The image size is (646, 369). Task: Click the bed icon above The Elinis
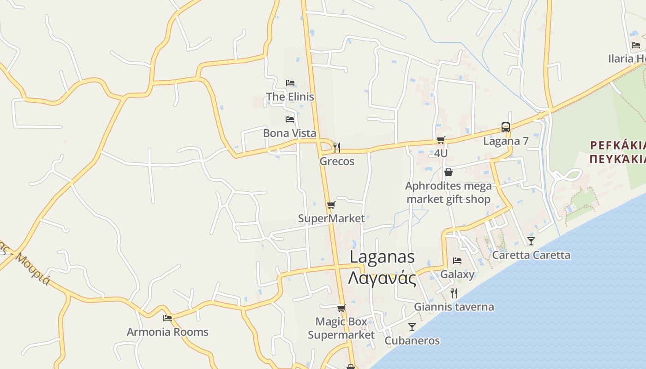[290, 83]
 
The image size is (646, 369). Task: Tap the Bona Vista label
[290, 133]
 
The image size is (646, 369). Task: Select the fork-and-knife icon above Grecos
[337, 148]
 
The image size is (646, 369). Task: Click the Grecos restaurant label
[337, 161]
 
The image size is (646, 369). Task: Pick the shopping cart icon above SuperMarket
[331, 205]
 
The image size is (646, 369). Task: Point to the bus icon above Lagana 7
[506, 127]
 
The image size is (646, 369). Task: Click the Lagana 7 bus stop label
[506, 141]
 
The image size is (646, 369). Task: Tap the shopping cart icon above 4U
[441, 140]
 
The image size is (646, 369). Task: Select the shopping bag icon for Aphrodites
[448, 172]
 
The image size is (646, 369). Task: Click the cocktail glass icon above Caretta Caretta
[531, 241]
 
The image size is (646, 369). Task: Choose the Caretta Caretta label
[531, 255]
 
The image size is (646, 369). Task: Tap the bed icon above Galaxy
[457, 261]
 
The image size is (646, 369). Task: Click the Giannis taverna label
[454, 307]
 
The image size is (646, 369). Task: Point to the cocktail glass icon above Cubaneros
[412, 327]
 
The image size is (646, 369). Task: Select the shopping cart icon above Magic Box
[341, 308]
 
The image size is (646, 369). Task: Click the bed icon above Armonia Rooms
[167, 318]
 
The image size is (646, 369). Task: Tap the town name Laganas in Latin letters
[382, 257]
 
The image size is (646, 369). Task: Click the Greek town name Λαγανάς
[382, 278]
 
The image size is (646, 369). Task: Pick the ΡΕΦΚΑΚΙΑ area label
[618, 145]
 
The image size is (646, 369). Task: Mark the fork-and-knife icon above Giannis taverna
[454, 293]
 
